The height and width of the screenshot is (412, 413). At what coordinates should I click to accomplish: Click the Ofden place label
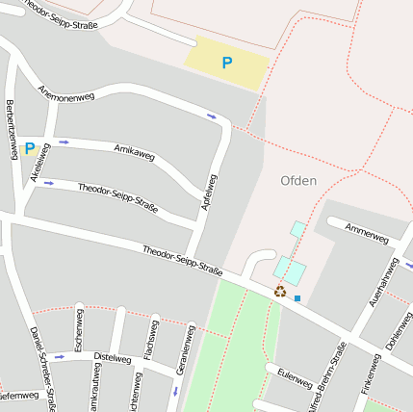tap(298, 180)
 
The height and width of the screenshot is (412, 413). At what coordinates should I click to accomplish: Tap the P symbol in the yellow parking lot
tap(227, 63)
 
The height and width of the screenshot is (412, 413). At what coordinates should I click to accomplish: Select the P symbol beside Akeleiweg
tap(29, 148)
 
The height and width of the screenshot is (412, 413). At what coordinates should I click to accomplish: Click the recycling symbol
tap(280, 291)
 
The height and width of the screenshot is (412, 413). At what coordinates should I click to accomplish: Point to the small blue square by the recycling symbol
tap(297, 298)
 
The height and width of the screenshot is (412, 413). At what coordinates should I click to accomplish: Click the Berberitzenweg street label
tap(13, 131)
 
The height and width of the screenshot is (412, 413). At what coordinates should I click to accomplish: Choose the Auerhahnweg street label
tap(384, 281)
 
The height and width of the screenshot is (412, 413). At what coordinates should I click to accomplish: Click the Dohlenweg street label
tap(399, 331)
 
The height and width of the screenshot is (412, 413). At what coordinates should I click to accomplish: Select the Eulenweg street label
tap(294, 376)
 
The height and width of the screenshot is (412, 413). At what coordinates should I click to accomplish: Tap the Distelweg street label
tap(112, 358)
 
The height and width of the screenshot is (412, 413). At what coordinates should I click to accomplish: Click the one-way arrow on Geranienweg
tap(176, 392)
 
